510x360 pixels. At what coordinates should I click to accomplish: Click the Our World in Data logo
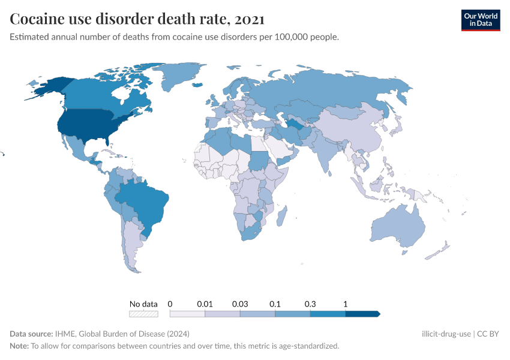[480, 20]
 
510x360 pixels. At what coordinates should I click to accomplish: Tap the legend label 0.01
[205, 304]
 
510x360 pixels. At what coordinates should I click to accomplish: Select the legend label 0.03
[240, 304]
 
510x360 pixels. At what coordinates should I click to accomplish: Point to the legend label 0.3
[310, 304]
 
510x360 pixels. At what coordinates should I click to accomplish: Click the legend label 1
[346, 304]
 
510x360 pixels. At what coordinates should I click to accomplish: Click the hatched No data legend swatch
[143, 314]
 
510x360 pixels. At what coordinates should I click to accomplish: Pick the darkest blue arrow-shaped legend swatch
[362, 314]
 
